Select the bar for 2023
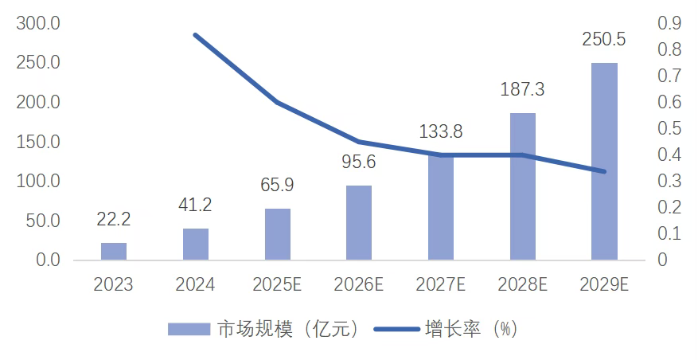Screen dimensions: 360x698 (114, 251)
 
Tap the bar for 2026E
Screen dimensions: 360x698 (359, 222)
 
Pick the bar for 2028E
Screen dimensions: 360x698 (523, 186)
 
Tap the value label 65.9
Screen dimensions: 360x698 (277, 185)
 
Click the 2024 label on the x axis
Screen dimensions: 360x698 (195, 284)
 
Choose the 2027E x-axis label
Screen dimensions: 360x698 (441, 284)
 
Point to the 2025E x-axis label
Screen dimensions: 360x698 (277, 284)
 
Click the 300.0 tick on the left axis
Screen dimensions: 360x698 (38, 23)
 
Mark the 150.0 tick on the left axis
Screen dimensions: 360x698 (38, 142)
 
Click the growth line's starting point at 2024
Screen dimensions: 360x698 (196, 35)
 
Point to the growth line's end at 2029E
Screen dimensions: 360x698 (604, 171)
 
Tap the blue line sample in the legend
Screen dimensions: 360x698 (400, 329)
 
